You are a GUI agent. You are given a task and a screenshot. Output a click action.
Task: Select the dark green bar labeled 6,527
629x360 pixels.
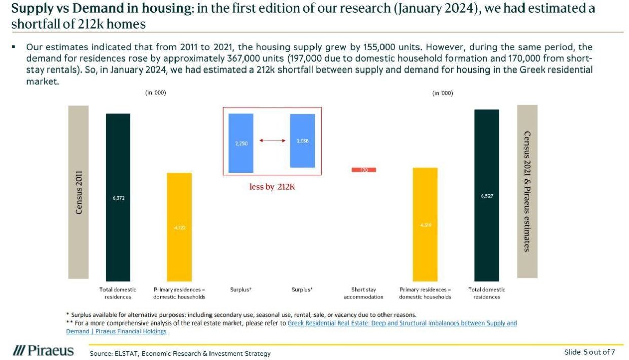[x=486, y=195]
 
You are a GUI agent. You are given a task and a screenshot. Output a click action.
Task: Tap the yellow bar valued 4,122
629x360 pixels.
[x=180, y=227]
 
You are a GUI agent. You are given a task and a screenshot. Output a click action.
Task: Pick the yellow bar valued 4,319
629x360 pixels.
[x=425, y=224]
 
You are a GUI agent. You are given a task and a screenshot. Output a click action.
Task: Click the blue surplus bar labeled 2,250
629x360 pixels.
[x=240, y=143]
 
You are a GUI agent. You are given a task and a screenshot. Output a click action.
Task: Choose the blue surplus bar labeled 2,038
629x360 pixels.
[x=302, y=140]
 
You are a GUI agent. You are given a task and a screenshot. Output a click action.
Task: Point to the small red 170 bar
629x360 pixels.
[x=364, y=170]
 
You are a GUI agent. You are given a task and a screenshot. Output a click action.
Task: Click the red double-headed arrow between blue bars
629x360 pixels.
[x=272, y=140]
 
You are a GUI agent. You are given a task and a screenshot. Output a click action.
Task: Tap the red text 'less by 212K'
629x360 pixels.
[x=272, y=187]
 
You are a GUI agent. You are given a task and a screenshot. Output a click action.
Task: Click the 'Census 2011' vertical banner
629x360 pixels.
[x=79, y=192]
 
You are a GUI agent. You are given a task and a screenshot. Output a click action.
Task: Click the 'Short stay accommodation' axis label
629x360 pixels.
[x=364, y=293]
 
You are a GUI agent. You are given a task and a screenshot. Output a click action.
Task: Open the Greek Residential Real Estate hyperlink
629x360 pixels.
[x=402, y=323]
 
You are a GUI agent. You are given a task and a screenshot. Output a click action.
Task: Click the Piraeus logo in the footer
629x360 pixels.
[x=44, y=351]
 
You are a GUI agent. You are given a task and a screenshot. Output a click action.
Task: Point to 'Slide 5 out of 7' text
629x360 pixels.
[x=589, y=352]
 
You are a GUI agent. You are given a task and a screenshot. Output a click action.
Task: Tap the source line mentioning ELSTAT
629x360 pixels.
[x=180, y=353]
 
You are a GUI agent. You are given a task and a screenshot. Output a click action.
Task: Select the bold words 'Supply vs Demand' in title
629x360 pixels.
[x=56, y=9]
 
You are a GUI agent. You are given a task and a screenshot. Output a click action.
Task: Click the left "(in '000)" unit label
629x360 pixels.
[x=156, y=93]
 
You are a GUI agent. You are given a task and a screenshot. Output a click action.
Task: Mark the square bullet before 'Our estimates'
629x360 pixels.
[x=14, y=47]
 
